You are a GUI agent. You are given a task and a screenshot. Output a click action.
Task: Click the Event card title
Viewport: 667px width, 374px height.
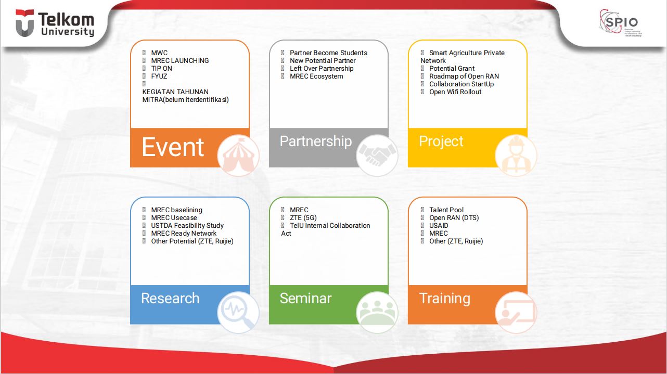(x=173, y=147)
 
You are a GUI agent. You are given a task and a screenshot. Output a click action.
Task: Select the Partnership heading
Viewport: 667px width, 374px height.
(x=315, y=141)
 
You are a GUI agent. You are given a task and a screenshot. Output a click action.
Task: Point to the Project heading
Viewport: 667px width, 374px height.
(x=441, y=141)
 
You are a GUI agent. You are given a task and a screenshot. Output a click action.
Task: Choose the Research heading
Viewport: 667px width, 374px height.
(x=170, y=298)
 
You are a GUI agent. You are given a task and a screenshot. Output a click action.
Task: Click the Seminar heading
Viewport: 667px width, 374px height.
(x=305, y=298)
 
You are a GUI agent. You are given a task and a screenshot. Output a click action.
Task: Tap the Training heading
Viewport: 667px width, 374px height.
(x=444, y=298)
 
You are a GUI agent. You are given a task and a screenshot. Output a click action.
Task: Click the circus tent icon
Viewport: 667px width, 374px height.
(x=238, y=155)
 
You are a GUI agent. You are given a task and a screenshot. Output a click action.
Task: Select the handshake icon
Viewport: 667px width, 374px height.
(x=377, y=155)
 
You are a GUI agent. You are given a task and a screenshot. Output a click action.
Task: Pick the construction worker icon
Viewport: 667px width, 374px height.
(x=516, y=155)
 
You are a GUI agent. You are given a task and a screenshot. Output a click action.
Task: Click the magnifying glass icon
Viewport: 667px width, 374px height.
(x=238, y=312)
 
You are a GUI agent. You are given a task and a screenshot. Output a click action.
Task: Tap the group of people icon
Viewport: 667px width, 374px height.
(x=377, y=312)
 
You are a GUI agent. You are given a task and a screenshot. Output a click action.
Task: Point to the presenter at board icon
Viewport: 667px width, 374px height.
(x=516, y=312)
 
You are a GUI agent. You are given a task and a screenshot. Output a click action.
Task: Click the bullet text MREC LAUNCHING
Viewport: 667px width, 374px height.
(x=179, y=60)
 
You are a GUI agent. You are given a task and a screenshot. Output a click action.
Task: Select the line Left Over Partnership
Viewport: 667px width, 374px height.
(x=321, y=68)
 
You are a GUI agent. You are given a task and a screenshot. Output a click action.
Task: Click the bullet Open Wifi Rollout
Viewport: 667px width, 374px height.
(x=455, y=92)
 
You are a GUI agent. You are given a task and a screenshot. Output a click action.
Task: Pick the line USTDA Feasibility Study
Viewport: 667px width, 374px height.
(x=187, y=225)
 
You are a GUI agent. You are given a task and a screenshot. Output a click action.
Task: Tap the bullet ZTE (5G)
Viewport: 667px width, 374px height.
(x=303, y=217)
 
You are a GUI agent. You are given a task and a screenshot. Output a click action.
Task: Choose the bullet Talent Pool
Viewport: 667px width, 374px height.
(x=446, y=210)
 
